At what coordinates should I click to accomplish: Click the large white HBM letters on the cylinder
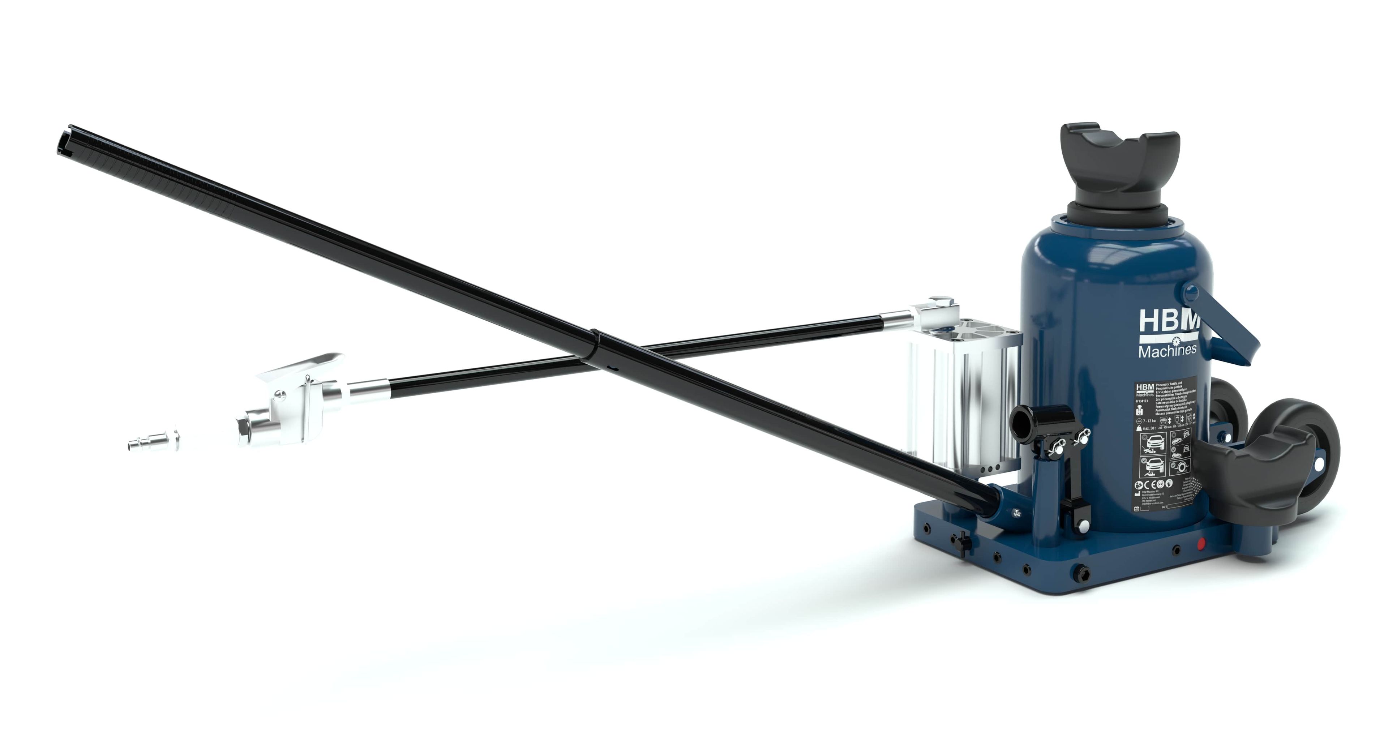point(1168,324)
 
